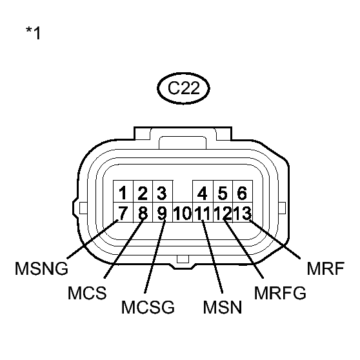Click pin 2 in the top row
[x=143, y=192]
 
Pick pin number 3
[x=162, y=192]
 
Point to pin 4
[x=203, y=192]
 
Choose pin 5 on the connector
[x=223, y=192]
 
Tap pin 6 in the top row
[x=242, y=192]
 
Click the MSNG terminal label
[x=42, y=268]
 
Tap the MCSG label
[x=148, y=307]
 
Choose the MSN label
[x=221, y=307]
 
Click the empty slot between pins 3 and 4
[x=183, y=192]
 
